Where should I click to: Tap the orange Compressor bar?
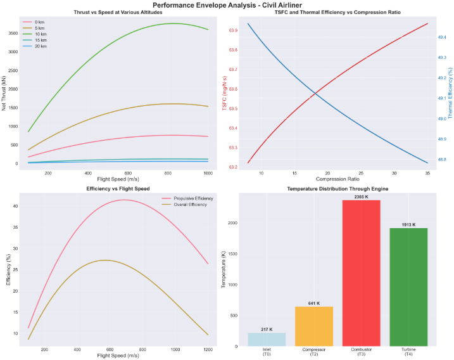314,326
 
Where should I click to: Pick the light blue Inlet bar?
267,339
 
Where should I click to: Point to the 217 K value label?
267,329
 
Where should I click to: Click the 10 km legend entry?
41,34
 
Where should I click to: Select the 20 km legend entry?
41,46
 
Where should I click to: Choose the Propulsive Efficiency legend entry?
187,198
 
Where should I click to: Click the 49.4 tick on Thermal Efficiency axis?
441,37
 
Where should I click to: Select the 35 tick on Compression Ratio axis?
427,173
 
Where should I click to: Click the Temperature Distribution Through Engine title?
337,190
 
